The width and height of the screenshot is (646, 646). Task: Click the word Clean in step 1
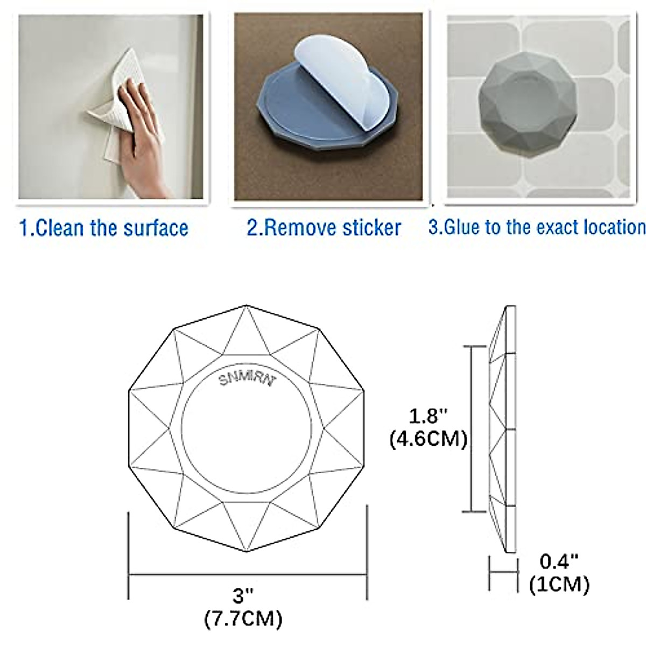pyautogui.click(x=60, y=228)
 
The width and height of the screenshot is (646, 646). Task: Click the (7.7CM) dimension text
pyautogui.click(x=243, y=619)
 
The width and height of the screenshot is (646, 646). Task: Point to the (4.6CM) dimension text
pyautogui.click(x=428, y=439)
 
